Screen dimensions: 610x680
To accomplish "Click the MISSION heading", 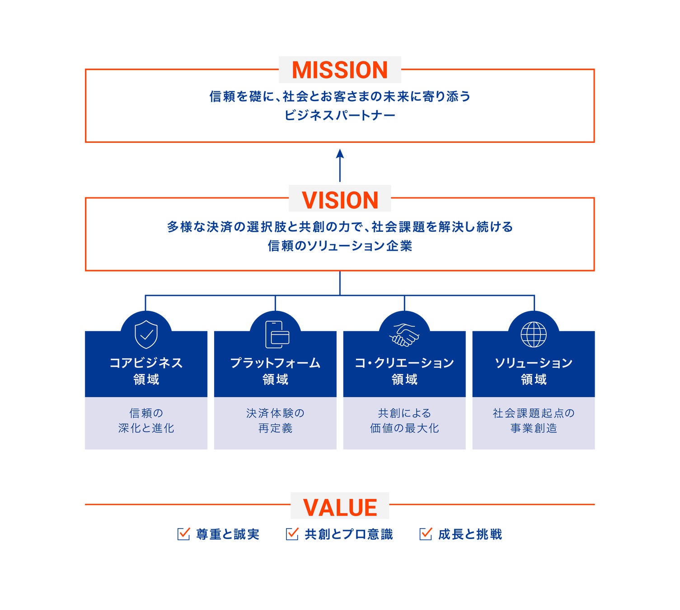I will [x=340, y=70].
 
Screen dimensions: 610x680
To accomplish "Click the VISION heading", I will [x=340, y=200].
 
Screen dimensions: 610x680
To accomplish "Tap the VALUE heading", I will [x=340, y=507].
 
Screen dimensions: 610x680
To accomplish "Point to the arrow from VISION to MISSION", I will [x=340, y=165].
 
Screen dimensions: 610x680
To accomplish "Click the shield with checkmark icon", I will [x=146, y=335].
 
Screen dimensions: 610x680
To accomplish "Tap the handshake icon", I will [x=404, y=335].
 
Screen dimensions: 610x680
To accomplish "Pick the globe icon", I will [x=534, y=335].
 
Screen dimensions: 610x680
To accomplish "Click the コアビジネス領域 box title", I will [x=146, y=371].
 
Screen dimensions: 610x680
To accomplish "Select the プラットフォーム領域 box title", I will [x=275, y=371].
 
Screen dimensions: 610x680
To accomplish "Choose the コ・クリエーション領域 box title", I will [x=404, y=371].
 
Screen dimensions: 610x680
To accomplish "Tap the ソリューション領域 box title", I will [x=534, y=371].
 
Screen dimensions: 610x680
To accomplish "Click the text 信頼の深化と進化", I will [x=146, y=421].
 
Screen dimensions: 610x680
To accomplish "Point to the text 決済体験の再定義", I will [x=275, y=421].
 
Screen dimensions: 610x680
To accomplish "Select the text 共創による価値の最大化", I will [x=404, y=421].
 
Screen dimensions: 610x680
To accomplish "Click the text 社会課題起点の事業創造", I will [x=534, y=421].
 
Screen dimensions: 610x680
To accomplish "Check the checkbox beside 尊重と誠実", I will [x=183, y=534].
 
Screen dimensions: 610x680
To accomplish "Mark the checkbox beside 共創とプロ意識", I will [x=292, y=534].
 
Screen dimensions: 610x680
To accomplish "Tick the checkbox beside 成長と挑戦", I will [x=425, y=534].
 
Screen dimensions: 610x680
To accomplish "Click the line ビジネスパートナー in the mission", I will [x=340, y=115].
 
